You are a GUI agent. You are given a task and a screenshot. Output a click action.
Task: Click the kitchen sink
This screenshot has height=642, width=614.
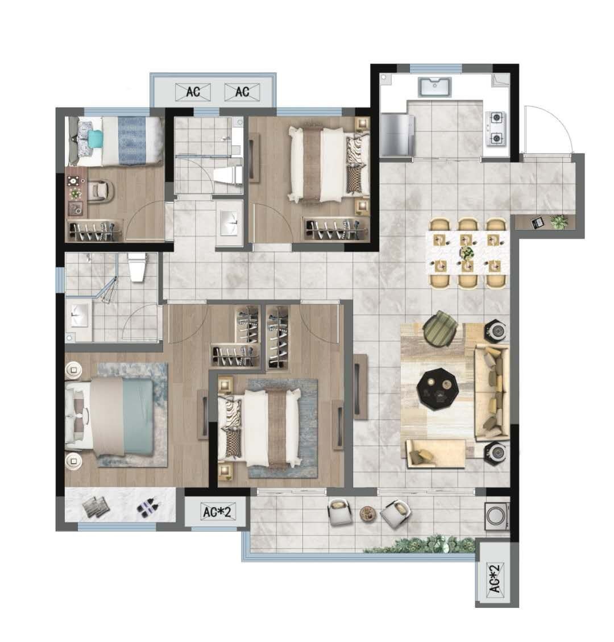[434, 87]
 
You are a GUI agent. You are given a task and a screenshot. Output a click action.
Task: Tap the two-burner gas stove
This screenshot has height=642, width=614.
[496, 129]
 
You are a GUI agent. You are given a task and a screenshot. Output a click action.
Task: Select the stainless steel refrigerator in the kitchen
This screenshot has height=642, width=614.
[396, 135]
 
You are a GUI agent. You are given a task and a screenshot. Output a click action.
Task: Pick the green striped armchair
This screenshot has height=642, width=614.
[439, 328]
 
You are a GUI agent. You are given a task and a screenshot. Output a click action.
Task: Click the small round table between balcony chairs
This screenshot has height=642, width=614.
[367, 513]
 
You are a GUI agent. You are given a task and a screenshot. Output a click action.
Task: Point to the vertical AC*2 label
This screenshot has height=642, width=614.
[495, 578]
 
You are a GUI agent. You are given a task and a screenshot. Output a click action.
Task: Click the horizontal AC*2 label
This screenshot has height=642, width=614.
[217, 511]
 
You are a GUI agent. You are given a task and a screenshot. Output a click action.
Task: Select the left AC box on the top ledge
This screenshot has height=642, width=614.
[193, 92]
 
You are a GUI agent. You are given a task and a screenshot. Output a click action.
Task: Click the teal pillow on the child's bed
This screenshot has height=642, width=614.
[95, 136]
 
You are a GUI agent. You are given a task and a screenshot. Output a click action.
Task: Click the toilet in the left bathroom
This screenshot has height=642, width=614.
[137, 267]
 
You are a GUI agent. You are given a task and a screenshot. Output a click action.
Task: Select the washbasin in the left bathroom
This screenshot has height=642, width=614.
[79, 315]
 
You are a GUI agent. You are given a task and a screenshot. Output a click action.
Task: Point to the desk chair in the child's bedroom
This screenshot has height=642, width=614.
[100, 191]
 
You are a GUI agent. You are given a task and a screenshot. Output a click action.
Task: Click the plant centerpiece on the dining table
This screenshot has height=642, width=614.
[466, 252]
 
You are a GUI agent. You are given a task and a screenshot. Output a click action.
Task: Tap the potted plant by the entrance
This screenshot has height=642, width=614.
[559, 222]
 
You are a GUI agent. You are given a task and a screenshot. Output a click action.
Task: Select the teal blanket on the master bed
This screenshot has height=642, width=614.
[138, 417]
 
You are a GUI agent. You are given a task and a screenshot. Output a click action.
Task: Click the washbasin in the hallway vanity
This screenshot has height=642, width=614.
[229, 223]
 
